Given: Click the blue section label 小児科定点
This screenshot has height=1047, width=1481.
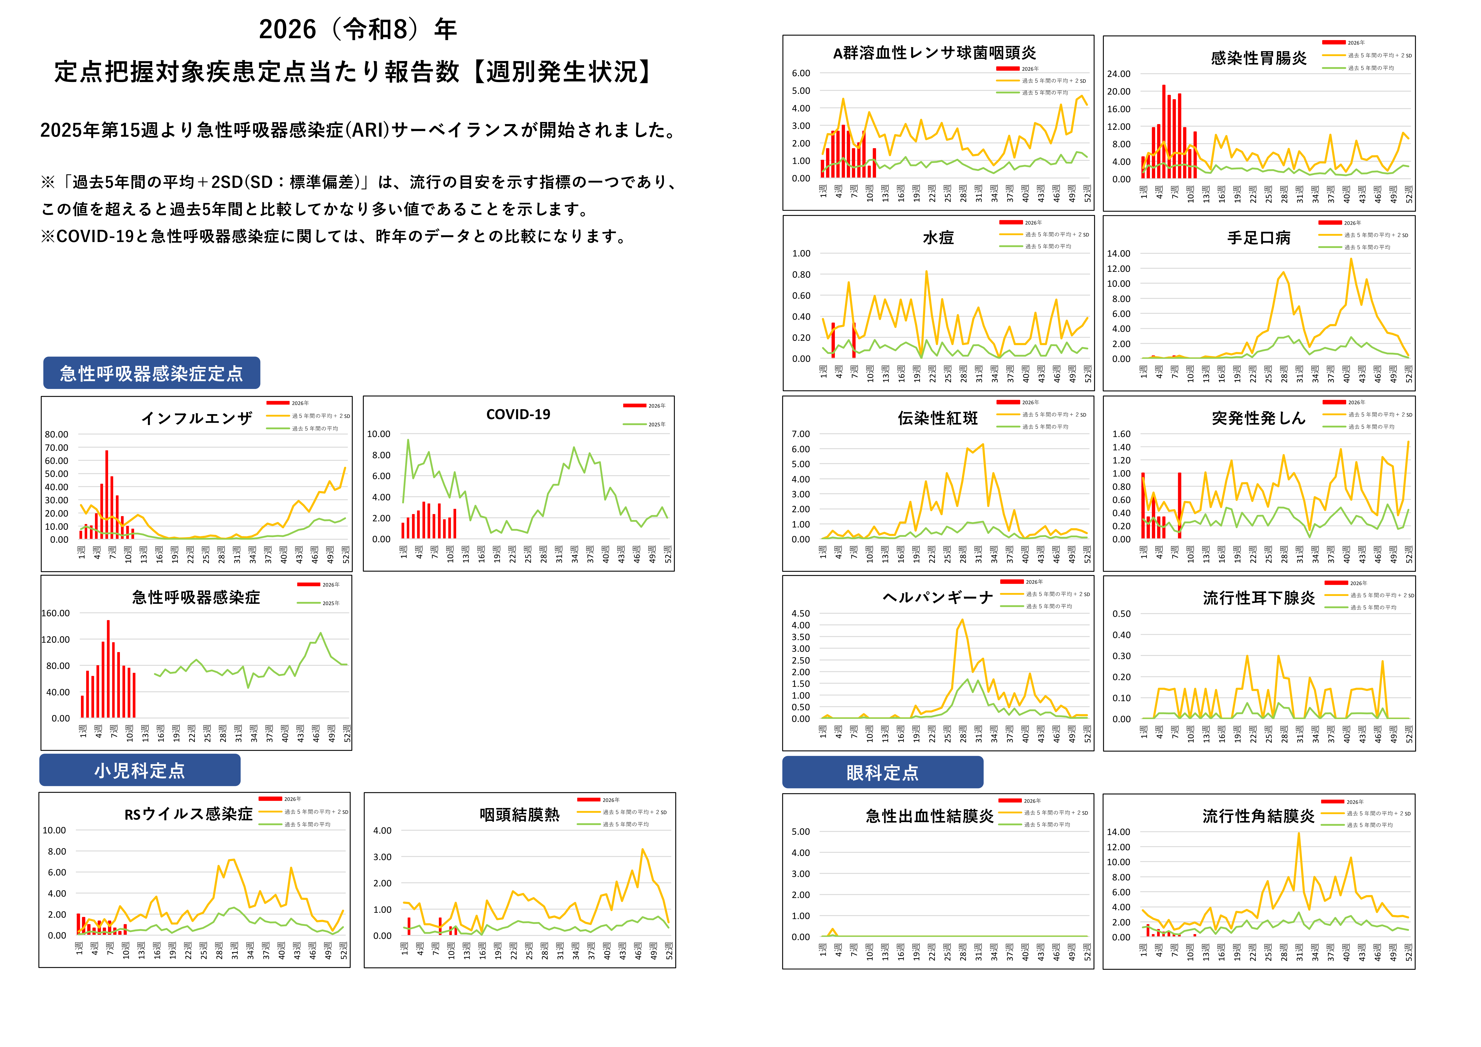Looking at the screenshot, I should click(x=140, y=770).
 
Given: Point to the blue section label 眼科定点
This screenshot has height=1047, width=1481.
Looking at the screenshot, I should click(x=882, y=772).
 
